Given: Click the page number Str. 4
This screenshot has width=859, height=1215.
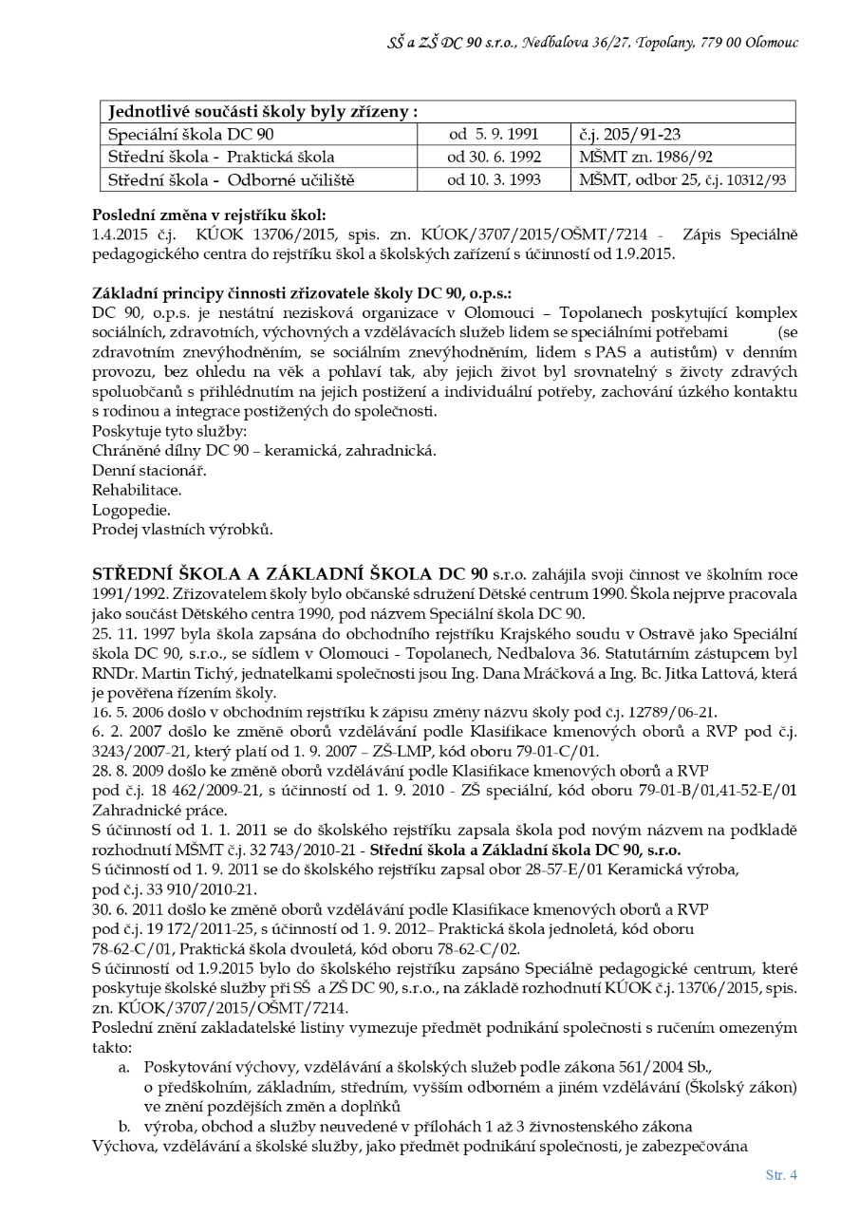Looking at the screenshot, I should point(780,1174).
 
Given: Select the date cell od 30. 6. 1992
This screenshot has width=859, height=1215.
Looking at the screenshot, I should point(494,157).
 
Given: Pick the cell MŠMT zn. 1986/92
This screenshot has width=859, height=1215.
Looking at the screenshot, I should point(632,157).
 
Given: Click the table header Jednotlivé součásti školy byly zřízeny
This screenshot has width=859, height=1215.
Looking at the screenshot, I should point(263,111).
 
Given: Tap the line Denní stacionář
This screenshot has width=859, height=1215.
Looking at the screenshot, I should point(149,470).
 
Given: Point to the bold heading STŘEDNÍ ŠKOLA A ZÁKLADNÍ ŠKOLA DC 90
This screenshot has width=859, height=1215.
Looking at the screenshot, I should point(289,574).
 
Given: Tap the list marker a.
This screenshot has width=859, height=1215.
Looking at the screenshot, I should point(124,1068).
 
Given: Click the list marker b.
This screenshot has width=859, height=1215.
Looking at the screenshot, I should point(124,1126).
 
